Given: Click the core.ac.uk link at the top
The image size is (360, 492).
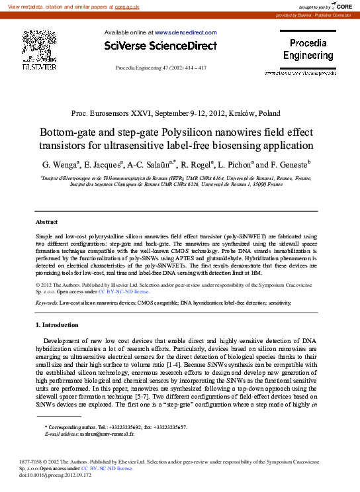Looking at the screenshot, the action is tap(146, 6).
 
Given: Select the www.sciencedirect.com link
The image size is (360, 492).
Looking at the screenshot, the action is tap(185, 32).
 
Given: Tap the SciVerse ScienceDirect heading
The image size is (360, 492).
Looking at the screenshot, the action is tap(161, 46).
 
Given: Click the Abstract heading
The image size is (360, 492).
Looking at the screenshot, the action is tap(46, 222).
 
